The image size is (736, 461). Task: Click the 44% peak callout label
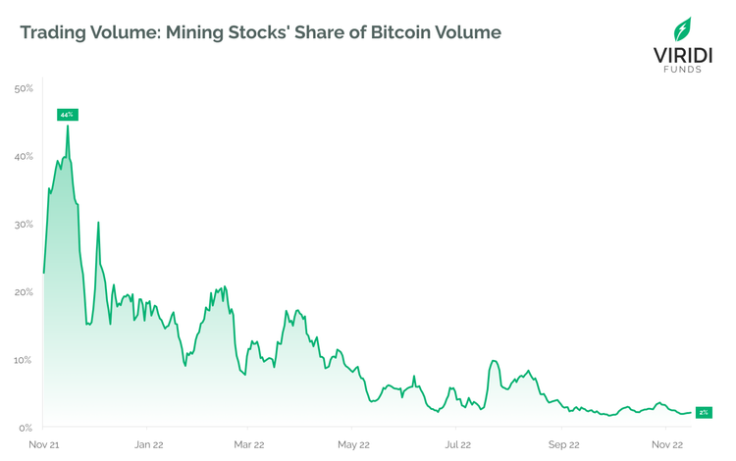(x=67, y=115)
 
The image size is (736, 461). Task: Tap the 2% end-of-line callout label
(x=704, y=413)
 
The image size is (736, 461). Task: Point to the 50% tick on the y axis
(x=25, y=89)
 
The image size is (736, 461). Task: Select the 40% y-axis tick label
(x=25, y=157)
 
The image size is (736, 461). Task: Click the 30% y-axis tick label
(x=25, y=225)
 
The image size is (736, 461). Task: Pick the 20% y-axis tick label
(x=25, y=292)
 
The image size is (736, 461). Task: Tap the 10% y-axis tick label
(x=25, y=360)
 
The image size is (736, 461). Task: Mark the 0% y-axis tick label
(x=26, y=428)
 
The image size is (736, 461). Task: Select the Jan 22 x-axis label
(x=148, y=444)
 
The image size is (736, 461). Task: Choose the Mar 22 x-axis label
(x=250, y=444)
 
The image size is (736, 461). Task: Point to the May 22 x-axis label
(x=352, y=444)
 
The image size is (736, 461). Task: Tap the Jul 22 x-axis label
(x=455, y=444)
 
